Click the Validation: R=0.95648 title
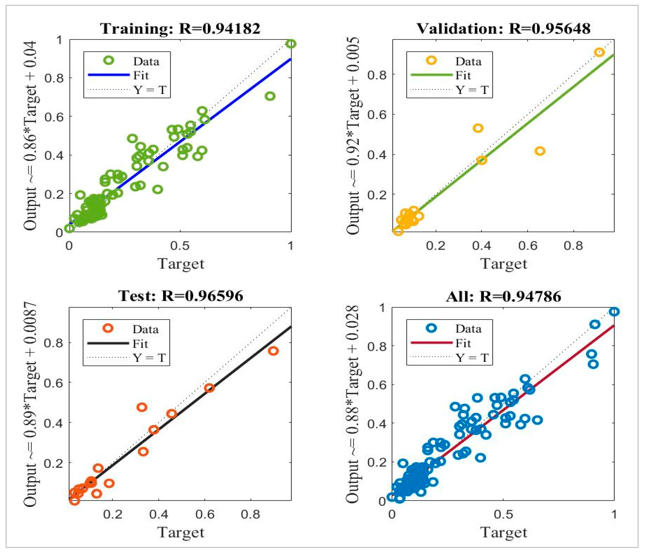point(503,29)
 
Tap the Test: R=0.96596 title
point(181,296)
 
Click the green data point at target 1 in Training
point(291,44)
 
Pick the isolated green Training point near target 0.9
point(270,96)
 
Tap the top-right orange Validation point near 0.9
point(599,52)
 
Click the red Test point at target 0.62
point(209,388)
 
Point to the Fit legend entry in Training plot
point(141,75)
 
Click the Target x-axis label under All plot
point(503,532)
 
